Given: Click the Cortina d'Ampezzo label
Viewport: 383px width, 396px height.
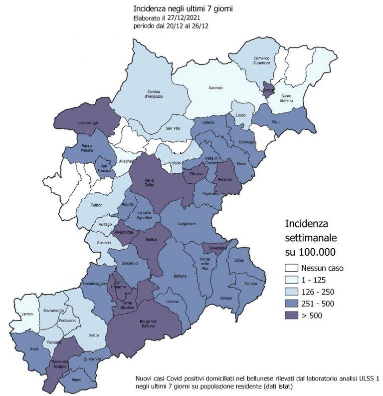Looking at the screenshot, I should click(155, 94).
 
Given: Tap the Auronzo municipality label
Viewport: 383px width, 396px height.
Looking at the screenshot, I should click(215, 88).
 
